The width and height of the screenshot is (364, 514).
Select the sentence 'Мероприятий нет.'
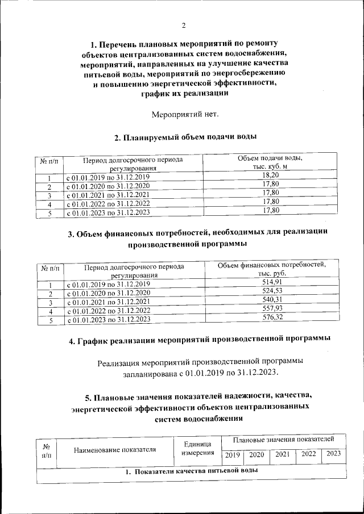[x=185, y=115]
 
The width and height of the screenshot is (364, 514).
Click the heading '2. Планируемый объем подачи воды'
[x=185, y=137]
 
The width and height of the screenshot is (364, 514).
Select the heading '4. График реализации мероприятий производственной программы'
[x=200, y=341]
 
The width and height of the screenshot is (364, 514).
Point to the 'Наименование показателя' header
[x=115, y=450]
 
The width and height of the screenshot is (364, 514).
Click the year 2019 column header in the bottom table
[x=232, y=455]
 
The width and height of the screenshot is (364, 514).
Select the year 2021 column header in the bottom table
[x=283, y=454]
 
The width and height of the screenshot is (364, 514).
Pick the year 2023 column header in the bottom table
[x=333, y=454]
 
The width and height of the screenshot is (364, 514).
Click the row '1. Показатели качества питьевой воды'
[x=191, y=472]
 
